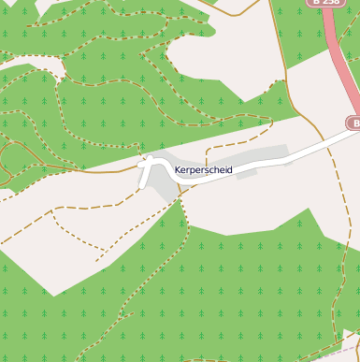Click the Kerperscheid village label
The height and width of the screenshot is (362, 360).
pos(203,170)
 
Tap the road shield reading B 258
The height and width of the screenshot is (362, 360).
pos(327,3)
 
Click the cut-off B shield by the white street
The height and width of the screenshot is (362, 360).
pos(353,123)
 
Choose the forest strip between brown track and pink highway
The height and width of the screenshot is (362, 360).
pos(304,47)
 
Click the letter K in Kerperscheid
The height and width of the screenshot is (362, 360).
pos(178,170)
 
